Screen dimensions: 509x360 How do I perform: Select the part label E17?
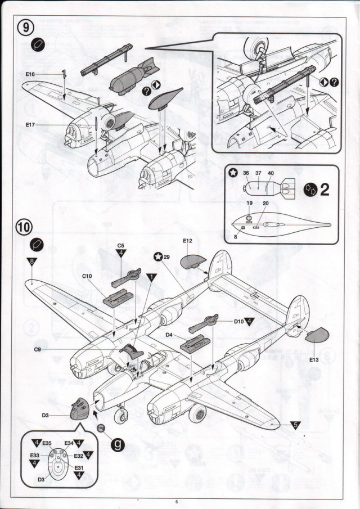(31, 125)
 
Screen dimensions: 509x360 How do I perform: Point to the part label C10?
(87, 276)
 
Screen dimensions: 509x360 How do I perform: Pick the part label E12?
(188, 241)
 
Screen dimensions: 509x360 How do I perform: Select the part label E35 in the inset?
(47, 442)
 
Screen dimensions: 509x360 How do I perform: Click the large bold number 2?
(324, 190)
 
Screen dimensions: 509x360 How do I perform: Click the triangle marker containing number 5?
(295, 425)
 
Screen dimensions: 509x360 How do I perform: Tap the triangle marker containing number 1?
(151, 277)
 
